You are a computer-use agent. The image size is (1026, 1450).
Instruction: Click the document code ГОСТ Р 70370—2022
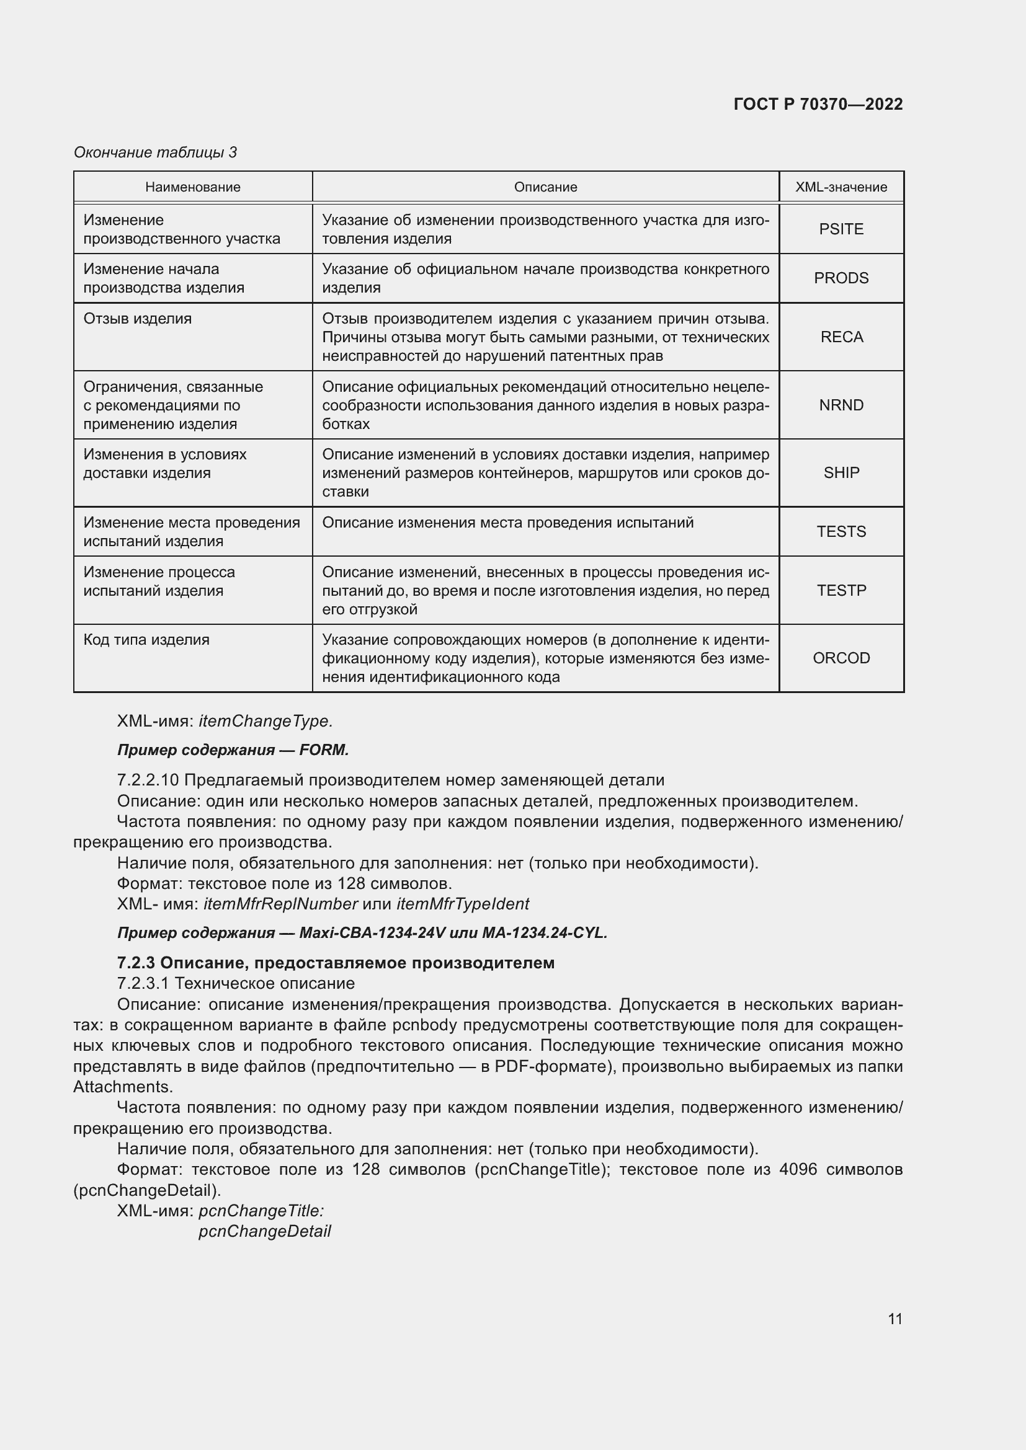[x=818, y=104]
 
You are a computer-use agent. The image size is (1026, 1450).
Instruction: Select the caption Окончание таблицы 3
[x=156, y=153]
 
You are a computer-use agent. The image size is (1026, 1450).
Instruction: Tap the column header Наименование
[x=193, y=187]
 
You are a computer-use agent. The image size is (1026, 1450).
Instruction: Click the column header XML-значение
[x=841, y=187]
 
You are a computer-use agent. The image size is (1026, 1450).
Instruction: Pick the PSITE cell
[x=841, y=229]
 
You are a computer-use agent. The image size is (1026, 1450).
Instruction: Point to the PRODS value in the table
[x=841, y=278]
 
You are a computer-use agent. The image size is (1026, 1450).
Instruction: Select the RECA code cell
[x=841, y=337]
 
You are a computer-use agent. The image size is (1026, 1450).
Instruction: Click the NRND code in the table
[x=841, y=405]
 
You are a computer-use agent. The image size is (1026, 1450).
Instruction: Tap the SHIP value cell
[x=841, y=472]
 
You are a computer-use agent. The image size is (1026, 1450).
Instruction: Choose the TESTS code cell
[x=841, y=531]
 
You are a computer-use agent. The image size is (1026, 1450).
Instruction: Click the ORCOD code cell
[x=841, y=658]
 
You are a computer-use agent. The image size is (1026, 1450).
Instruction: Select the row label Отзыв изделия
[x=137, y=318]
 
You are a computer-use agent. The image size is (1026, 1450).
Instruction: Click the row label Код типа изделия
[x=146, y=640]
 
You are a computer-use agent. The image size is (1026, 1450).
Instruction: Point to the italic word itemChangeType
[x=265, y=720]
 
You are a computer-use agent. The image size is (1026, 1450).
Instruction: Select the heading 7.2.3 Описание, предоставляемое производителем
[x=336, y=963]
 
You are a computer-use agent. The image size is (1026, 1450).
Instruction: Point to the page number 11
[x=894, y=1319]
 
